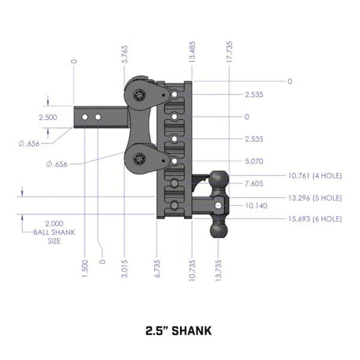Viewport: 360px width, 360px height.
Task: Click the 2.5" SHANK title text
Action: (x=179, y=329)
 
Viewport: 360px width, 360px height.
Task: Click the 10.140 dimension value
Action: (x=254, y=207)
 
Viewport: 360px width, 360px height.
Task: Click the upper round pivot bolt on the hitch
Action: (x=139, y=95)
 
